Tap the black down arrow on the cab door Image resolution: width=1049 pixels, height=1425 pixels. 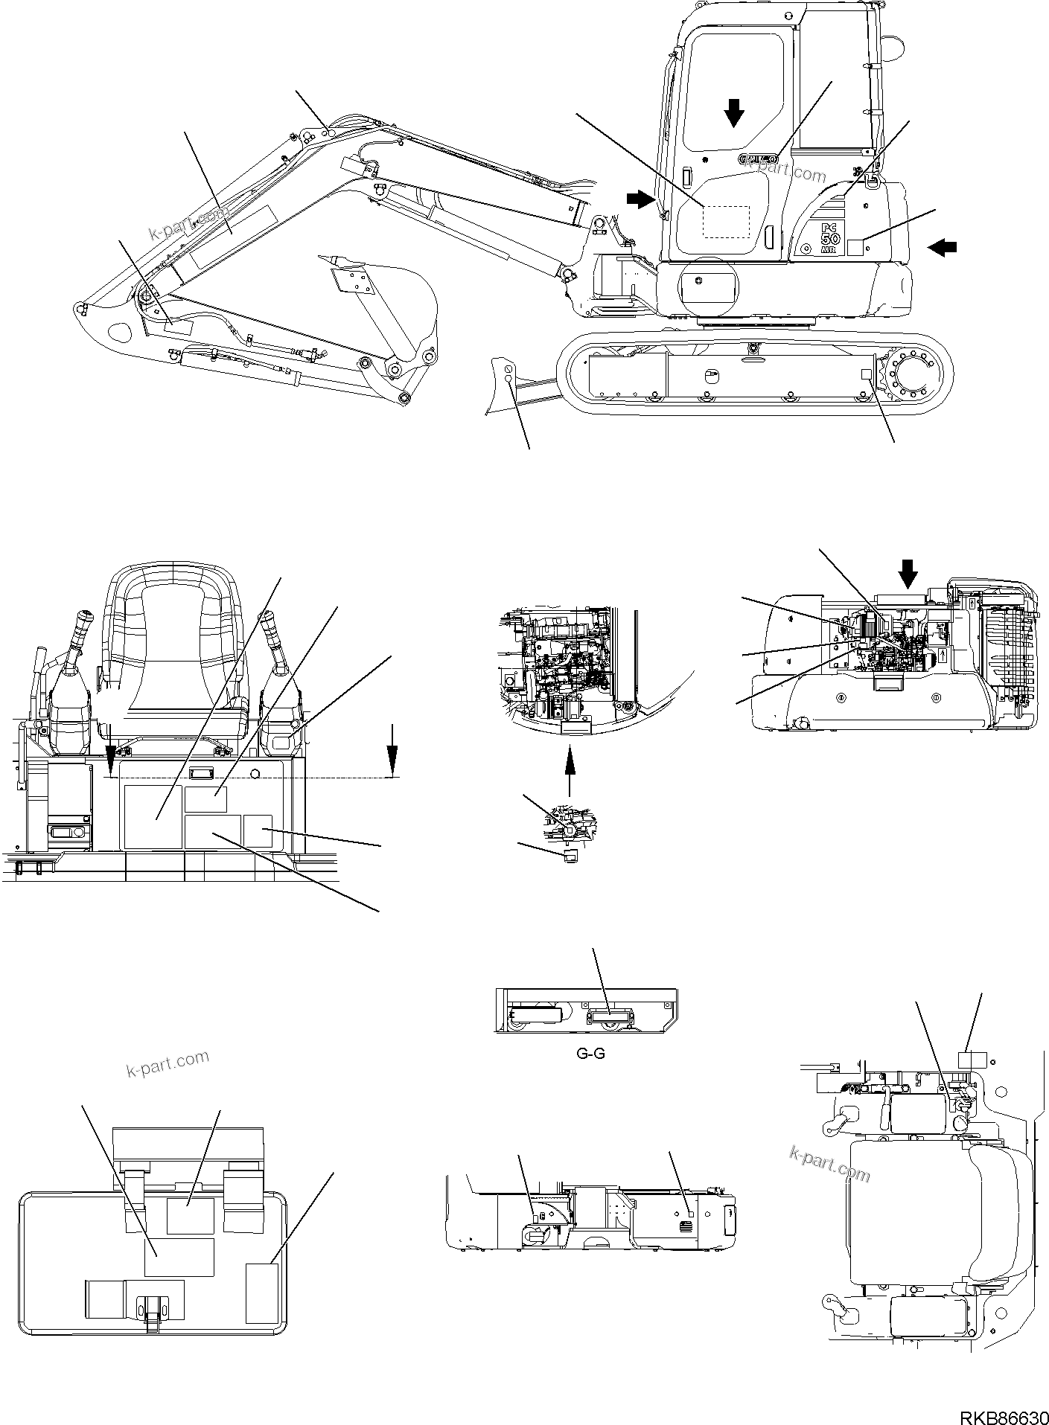pyautogui.click(x=734, y=114)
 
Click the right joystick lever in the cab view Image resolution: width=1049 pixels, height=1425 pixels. pyautogui.click(x=275, y=633)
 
